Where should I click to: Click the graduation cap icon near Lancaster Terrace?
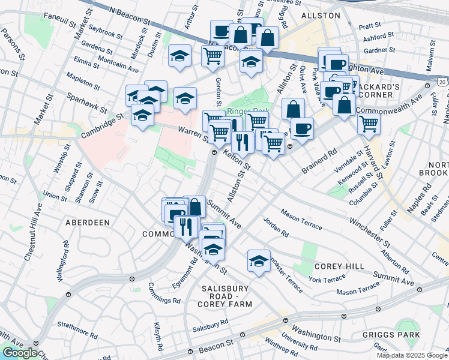259,261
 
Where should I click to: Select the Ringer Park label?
249,111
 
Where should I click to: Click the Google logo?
20,353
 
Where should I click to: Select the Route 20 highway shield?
442,81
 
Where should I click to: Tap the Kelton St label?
236,161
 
